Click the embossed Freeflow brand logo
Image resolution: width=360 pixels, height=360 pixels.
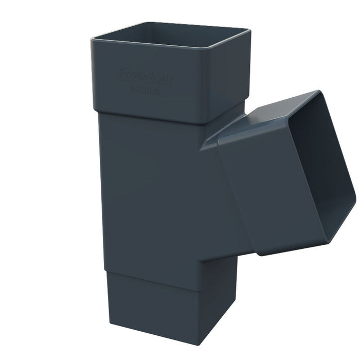[x=140, y=75]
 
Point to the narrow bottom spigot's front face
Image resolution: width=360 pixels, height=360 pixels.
[x=154, y=309]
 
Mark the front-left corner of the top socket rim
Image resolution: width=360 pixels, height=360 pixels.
[x=93, y=39]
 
